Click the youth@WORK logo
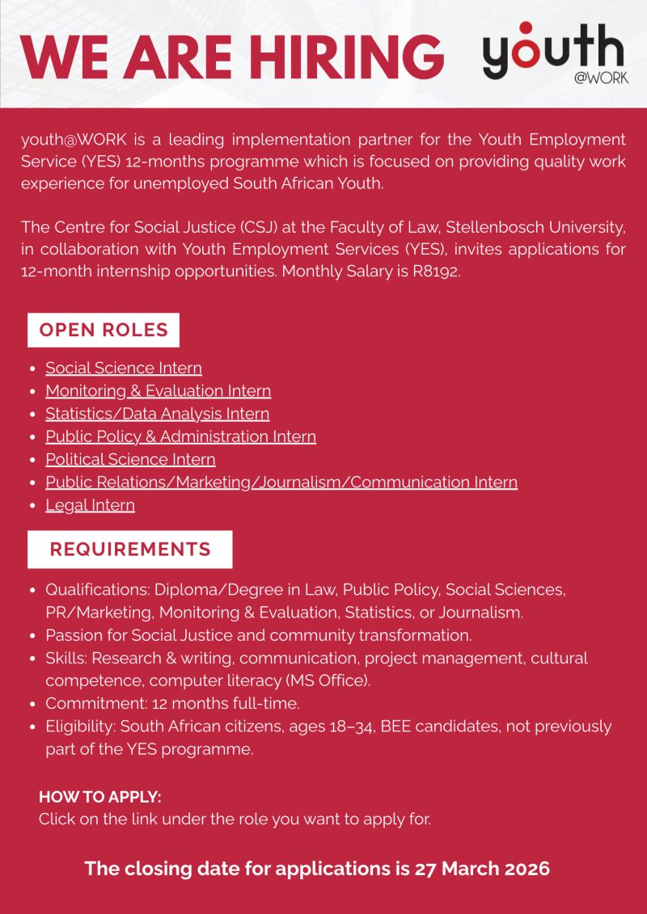[555, 53]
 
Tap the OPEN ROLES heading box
[104, 330]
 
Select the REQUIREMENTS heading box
[130, 550]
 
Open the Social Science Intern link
[124, 368]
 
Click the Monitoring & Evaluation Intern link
[158, 390]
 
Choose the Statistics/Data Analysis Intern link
[157, 414]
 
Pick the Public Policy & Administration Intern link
[180, 436]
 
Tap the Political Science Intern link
[130, 459]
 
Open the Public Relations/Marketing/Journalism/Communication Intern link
[281, 482]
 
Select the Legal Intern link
[90, 505]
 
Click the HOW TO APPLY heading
[100, 797]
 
